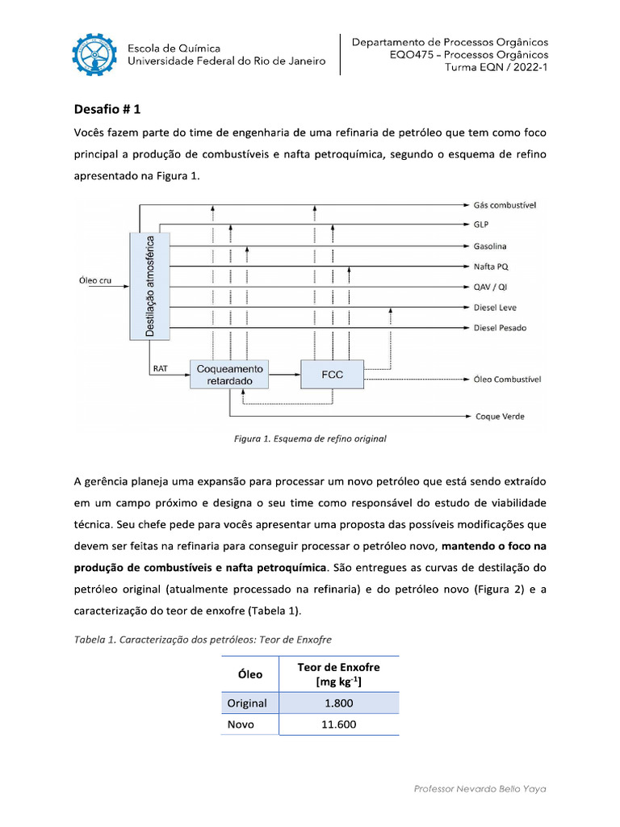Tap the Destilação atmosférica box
[x=150, y=286]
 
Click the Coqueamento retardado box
[x=230, y=375]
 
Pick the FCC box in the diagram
[x=332, y=375]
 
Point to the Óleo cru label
[x=95, y=280]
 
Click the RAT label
[x=160, y=369]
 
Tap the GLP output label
[x=482, y=225]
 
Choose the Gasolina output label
[x=490, y=246]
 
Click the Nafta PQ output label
[x=490, y=267]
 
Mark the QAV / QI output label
[x=490, y=287]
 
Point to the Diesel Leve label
[x=494, y=308]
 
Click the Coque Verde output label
[x=499, y=416]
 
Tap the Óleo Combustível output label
[x=507, y=379]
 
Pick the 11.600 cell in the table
[x=338, y=724]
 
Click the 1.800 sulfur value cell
[x=338, y=703]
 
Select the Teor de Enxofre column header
[x=338, y=674]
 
